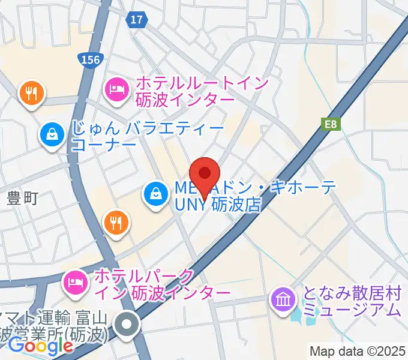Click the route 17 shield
coord(137,20)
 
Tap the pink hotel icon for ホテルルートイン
coord(116,90)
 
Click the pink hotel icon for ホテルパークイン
coord(75,280)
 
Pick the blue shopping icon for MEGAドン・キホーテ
coord(155,193)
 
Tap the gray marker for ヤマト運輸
coord(127,326)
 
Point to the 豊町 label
coord(23,198)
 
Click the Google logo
coord(41,346)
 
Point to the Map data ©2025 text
coord(358,351)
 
